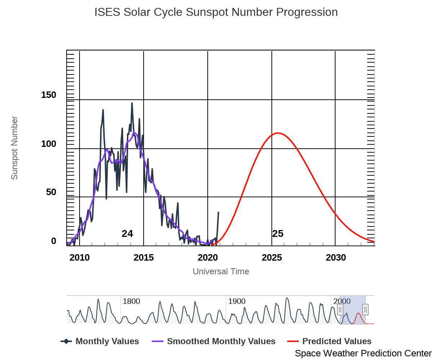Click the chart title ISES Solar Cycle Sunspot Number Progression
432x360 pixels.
(x=216, y=12)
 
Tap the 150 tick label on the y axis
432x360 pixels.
(x=49, y=95)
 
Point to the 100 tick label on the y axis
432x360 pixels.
(x=49, y=144)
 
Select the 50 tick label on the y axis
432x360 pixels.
(x=51, y=192)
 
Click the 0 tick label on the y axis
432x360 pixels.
(x=54, y=241)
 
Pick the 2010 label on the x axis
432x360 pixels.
(x=80, y=258)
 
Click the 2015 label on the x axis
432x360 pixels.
(x=144, y=258)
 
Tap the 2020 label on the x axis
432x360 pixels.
(x=208, y=258)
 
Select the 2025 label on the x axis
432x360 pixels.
(x=272, y=258)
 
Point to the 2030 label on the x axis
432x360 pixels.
(x=336, y=258)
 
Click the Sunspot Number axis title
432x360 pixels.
(x=14, y=148)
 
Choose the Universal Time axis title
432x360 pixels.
(x=221, y=271)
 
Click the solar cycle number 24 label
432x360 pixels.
(x=127, y=234)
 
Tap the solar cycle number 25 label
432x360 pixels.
(x=278, y=234)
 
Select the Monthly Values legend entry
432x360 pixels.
(x=107, y=341)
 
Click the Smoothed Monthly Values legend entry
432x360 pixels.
(x=221, y=341)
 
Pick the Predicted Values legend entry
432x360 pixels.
(x=337, y=341)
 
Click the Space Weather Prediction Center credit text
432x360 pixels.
(x=363, y=354)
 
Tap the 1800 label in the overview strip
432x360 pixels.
(x=131, y=301)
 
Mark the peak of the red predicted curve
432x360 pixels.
(x=278, y=133)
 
